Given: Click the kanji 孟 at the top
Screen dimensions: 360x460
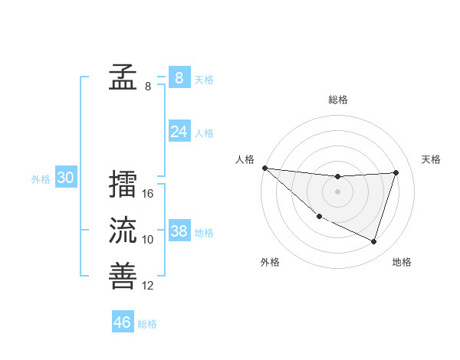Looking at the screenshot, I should pos(123,77).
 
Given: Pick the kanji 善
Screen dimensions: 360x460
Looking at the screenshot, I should pos(123,276).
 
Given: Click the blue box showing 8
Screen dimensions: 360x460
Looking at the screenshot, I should pos(179,77).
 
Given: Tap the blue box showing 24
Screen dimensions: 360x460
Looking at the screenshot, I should pos(179,132).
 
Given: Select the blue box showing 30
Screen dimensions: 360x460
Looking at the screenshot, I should pos(66,178).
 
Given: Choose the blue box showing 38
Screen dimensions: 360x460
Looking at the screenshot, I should pos(179,231).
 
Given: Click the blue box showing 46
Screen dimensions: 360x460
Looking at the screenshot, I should pos(123,322).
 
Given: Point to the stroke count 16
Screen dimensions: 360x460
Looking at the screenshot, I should pos(148,194).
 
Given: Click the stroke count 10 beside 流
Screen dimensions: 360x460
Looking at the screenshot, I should pos(148,240).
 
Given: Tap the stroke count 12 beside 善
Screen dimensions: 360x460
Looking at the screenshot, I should pos(148,286).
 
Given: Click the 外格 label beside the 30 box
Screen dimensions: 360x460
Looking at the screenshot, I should pos(41,179).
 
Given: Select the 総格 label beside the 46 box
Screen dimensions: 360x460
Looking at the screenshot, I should pos(147,323).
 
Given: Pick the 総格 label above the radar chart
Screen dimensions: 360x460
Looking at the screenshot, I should pos(337,100).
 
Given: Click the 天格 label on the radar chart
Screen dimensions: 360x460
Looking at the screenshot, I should pos(432,159).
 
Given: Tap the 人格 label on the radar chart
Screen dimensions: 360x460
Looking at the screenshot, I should pos(245,159).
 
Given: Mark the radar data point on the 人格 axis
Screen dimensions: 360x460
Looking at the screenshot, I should pos(264,168).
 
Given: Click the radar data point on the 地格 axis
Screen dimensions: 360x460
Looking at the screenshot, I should pos(374,241).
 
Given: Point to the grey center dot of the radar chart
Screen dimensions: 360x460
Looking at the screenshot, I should pos(337,191).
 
